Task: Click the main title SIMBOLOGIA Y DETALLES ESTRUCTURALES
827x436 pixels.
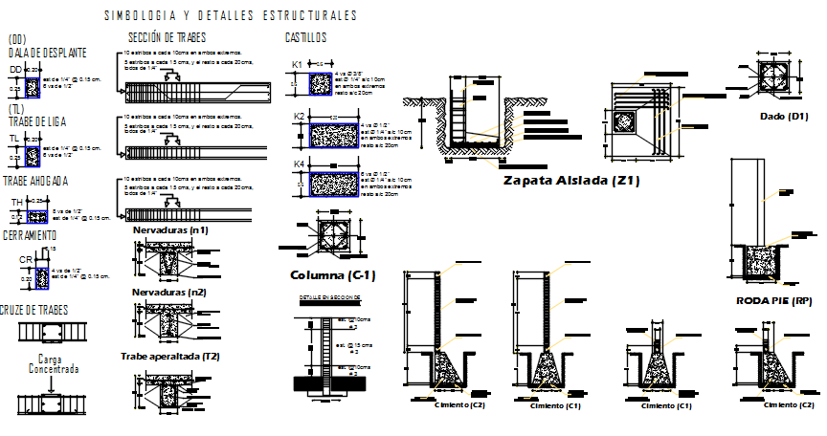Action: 230,16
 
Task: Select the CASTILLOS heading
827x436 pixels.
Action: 305,37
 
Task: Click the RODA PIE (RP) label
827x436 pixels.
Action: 773,300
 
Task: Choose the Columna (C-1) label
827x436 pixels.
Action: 332,275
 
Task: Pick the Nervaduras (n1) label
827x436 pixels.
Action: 169,230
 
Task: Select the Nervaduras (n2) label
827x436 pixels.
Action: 169,293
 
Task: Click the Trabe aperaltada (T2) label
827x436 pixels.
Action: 170,355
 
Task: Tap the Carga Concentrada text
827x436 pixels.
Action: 52,364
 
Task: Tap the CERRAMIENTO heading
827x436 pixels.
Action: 29,235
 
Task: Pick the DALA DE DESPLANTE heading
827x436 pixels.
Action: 47,53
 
